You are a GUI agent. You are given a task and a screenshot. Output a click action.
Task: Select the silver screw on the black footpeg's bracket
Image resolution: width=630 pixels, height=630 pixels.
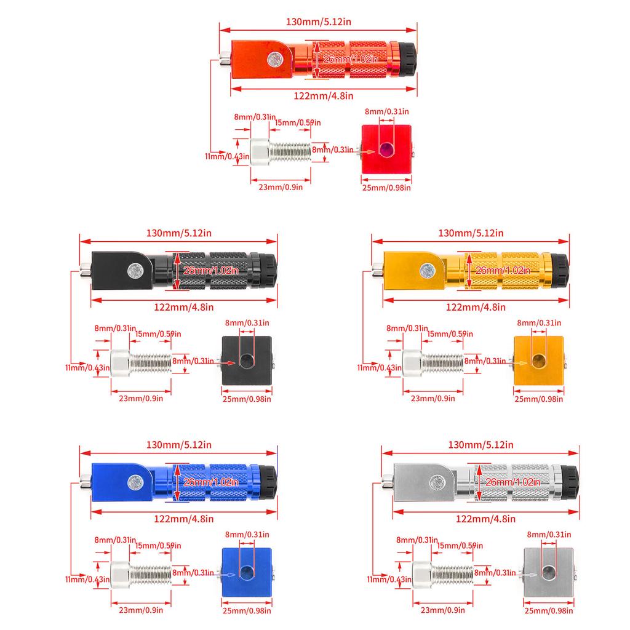pos(134,269)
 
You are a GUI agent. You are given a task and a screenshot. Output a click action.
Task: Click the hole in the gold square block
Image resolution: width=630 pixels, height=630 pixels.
pos(538,361)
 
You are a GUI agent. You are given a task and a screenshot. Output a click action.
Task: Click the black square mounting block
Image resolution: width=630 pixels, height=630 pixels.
pos(245,361)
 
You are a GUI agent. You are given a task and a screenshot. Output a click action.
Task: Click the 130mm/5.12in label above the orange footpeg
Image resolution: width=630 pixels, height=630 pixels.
pos(319,22)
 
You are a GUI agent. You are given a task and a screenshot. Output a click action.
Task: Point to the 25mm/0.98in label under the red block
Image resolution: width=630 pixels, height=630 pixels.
pos(386,188)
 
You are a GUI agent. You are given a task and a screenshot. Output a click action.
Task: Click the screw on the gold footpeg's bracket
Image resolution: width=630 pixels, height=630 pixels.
pos(425,269)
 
